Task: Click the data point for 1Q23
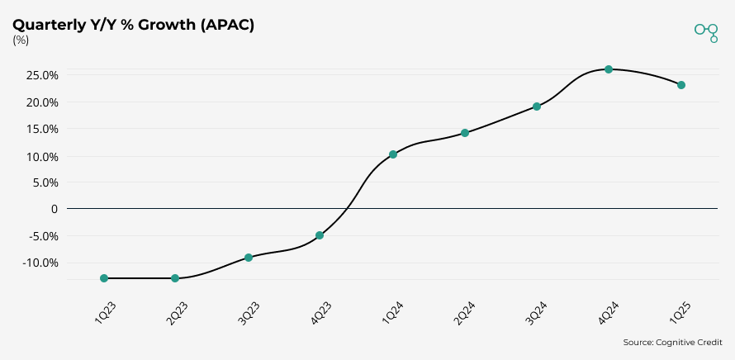(x=104, y=278)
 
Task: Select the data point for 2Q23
(x=175, y=278)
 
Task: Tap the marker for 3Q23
(x=249, y=258)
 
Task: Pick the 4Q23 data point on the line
(x=320, y=235)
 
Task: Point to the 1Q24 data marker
(x=393, y=154)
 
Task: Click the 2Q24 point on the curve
(x=465, y=133)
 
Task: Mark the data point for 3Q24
(x=537, y=107)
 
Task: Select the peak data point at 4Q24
(x=609, y=69)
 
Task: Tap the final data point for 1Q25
(x=681, y=85)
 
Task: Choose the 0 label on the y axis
(x=55, y=209)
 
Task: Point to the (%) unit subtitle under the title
(x=21, y=40)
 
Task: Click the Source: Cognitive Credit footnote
(x=672, y=342)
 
